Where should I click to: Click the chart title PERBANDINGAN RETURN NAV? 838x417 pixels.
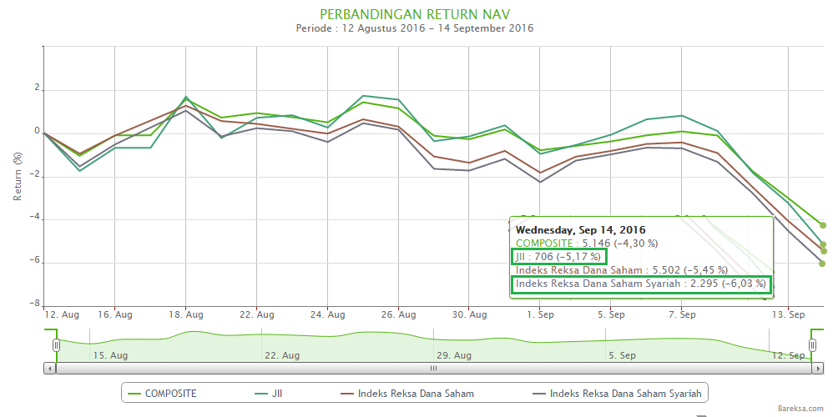point(415,13)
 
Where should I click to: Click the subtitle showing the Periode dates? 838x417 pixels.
point(415,28)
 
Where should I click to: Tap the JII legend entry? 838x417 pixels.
point(268,393)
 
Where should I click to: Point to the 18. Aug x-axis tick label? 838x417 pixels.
point(185,315)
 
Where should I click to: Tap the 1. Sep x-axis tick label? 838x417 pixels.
point(541,315)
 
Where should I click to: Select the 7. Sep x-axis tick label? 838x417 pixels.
point(682,315)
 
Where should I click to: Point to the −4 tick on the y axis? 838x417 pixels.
point(34,219)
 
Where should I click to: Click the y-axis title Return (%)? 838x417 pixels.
point(18,176)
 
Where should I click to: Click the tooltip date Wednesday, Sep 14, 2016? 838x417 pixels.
point(580,229)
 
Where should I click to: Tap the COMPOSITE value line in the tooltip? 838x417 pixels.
point(587,243)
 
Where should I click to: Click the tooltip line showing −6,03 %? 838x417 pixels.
point(640,284)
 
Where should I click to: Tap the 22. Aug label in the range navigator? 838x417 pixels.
point(282,355)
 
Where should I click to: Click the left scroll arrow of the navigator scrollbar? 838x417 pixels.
point(50,368)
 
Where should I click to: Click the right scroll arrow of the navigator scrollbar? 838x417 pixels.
point(817,368)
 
